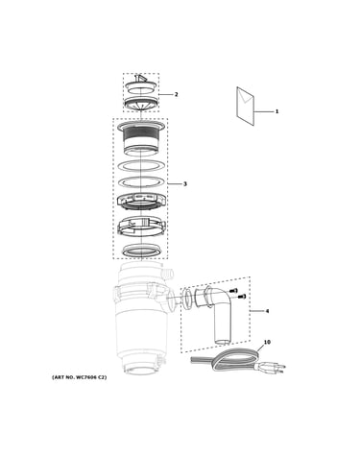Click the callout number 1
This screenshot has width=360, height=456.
276,111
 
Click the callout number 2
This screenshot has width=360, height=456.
176,94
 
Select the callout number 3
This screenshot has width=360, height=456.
185,184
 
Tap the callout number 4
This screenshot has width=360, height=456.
268,311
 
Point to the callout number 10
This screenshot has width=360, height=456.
267,342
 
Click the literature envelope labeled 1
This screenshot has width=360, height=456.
246,106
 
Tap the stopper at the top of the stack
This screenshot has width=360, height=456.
141,84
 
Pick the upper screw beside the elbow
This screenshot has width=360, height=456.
233,291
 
